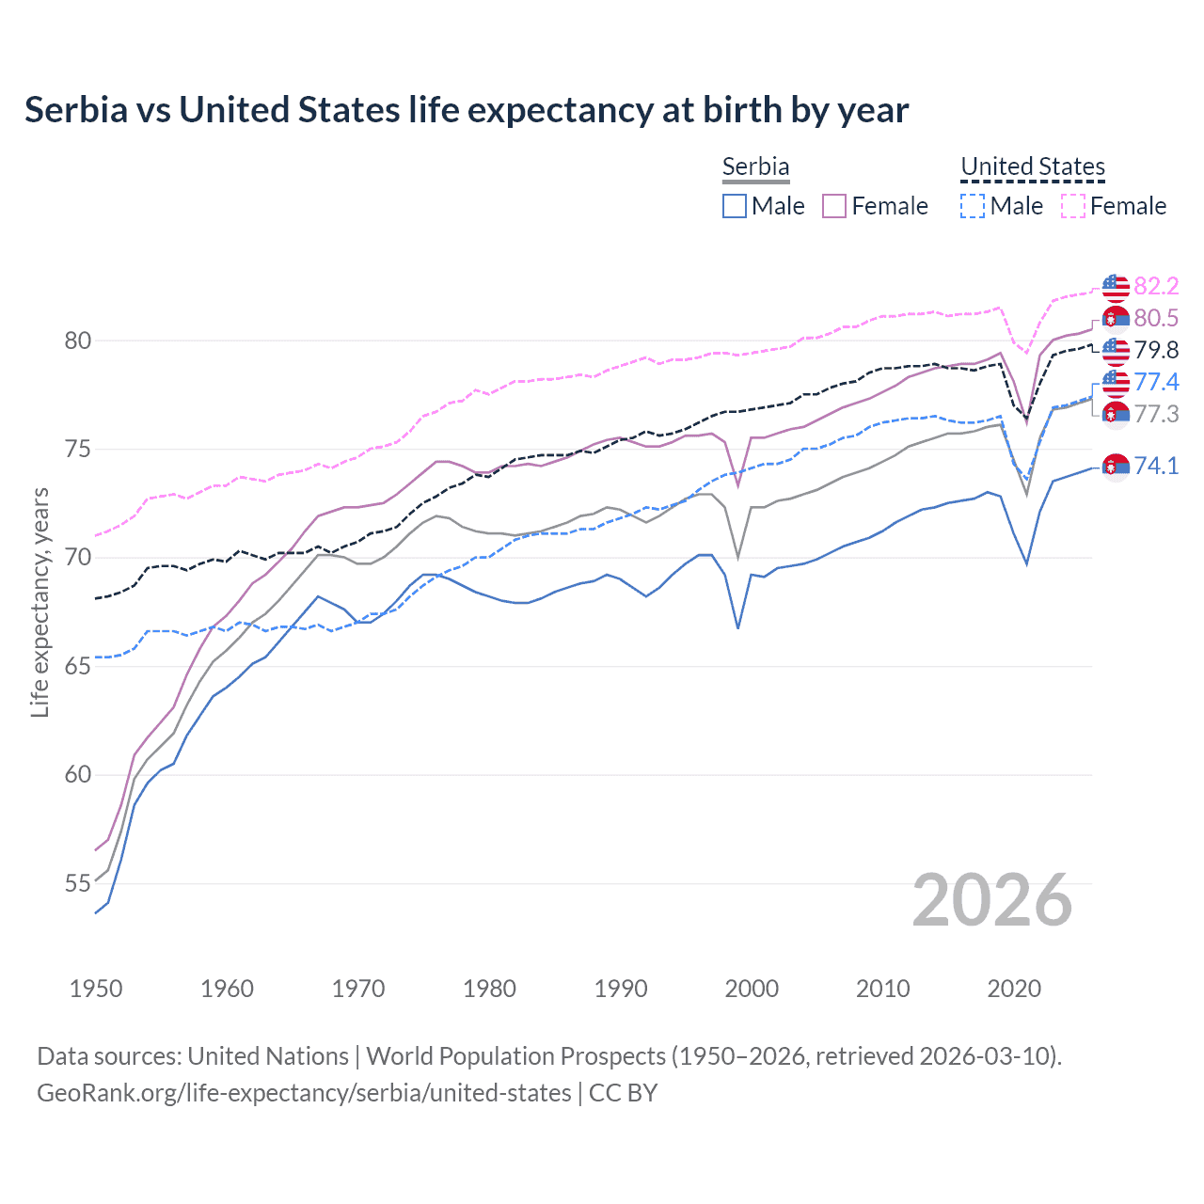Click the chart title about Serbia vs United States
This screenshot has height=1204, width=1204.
click(467, 110)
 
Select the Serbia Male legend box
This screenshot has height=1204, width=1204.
click(735, 206)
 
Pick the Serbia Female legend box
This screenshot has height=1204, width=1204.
click(834, 206)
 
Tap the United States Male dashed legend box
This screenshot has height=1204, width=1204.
click(973, 206)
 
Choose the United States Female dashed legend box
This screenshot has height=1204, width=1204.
click(1073, 206)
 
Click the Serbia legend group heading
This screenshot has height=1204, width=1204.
click(755, 166)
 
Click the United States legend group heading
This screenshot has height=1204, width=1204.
click(1032, 166)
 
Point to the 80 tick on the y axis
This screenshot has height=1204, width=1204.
click(78, 341)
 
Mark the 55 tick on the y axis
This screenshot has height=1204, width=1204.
click(78, 884)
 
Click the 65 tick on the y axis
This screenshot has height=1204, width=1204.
click(78, 667)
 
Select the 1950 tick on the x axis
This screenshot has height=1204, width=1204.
click(96, 989)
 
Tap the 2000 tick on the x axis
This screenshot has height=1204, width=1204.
click(752, 989)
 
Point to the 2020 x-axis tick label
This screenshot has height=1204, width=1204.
click(1014, 989)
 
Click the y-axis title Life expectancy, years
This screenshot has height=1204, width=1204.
click(40, 602)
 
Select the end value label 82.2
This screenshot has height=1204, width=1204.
click(1156, 286)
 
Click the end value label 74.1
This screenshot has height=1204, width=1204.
click(1156, 466)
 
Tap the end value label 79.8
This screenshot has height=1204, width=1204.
click(1156, 350)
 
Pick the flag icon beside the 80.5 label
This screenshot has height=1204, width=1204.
click(1116, 318)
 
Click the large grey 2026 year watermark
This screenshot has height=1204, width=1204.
click(992, 901)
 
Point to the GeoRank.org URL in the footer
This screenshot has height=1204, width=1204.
click(304, 1093)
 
